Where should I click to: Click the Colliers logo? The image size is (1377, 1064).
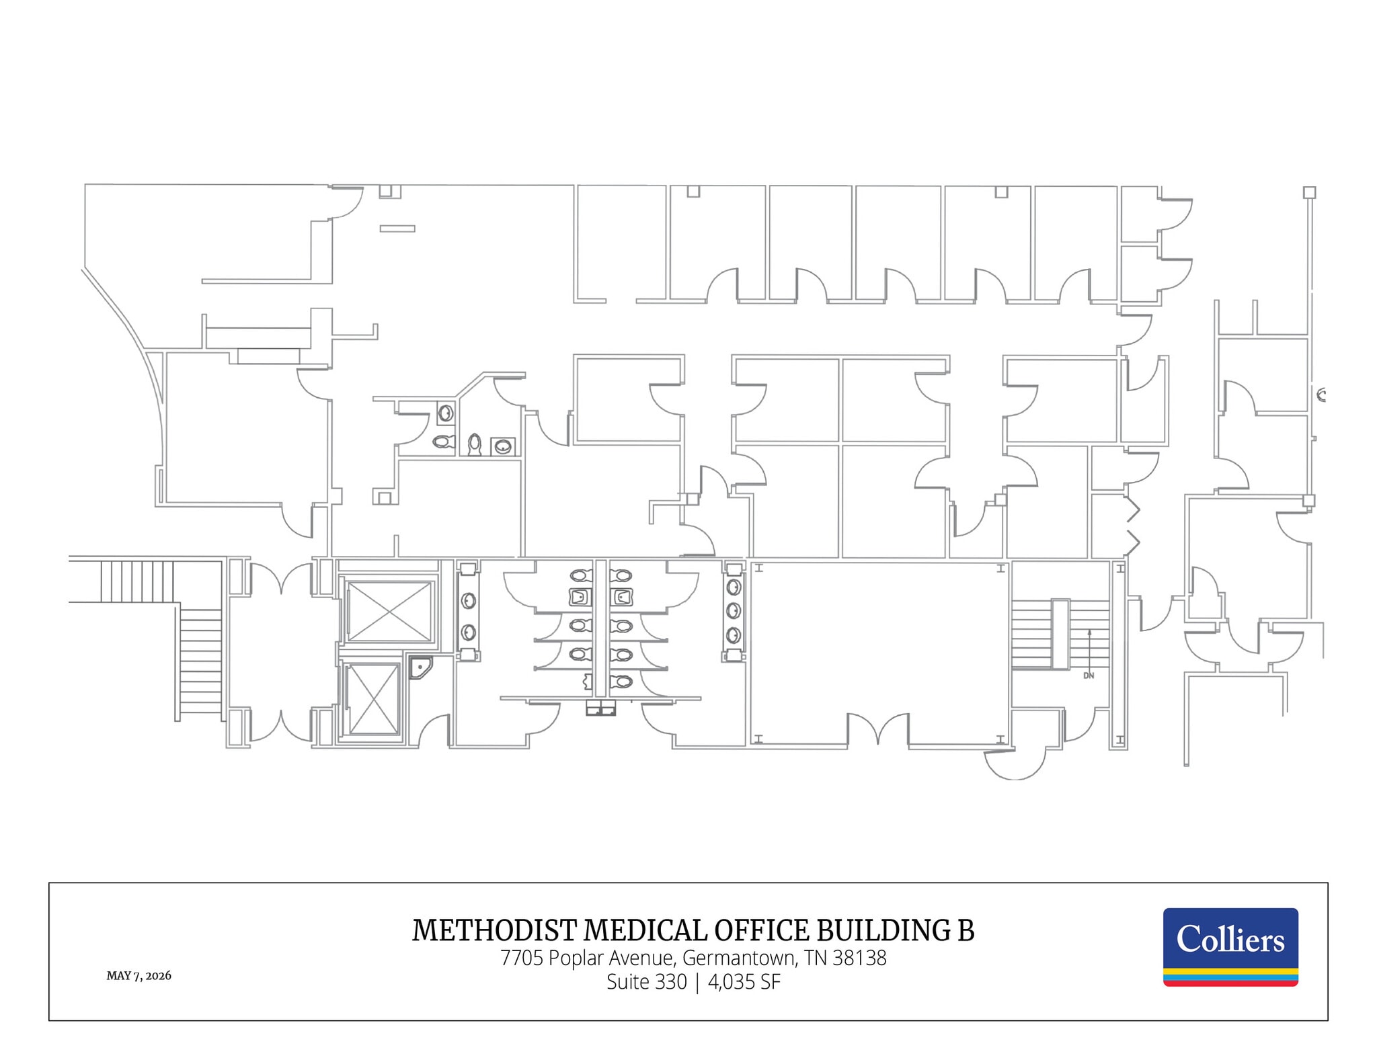pyautogui.click(x=1230, y=946)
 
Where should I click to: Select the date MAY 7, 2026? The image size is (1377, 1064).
pyautogui.click(x=139, y=975)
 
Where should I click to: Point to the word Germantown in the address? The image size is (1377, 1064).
pyautogui.click(x=738, y=958)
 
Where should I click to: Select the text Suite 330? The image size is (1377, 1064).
pyautogui.click(x=647, y=982)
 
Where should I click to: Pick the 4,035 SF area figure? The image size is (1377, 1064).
pyautogui.click(x=744, y=982)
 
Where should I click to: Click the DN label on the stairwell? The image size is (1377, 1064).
pyautogui.click(x=1089, y=676)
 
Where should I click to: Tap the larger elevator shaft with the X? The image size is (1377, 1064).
pyautogui.click(x=389, y=612)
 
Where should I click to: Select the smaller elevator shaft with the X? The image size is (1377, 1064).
pyautogui.click(x=374, y=699)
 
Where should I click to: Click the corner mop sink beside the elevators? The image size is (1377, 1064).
pyautogui.click(x=420, y=667)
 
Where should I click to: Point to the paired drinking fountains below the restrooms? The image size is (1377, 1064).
pyautogui.click(x=600, y=708)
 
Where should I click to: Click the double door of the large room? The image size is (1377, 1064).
pyautogui.click(x=878, y=729)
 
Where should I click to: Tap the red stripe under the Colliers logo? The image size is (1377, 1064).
pyautogui.click(x=1230, y=983)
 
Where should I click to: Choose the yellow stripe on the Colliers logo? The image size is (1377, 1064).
pyautogui.click(x=1230, y=971)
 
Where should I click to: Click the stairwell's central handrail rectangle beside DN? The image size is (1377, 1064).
pyautogui.click(x=1060, y=634)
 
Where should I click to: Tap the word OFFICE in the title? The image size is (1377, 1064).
pyautogui.click(x=762, y=930)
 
